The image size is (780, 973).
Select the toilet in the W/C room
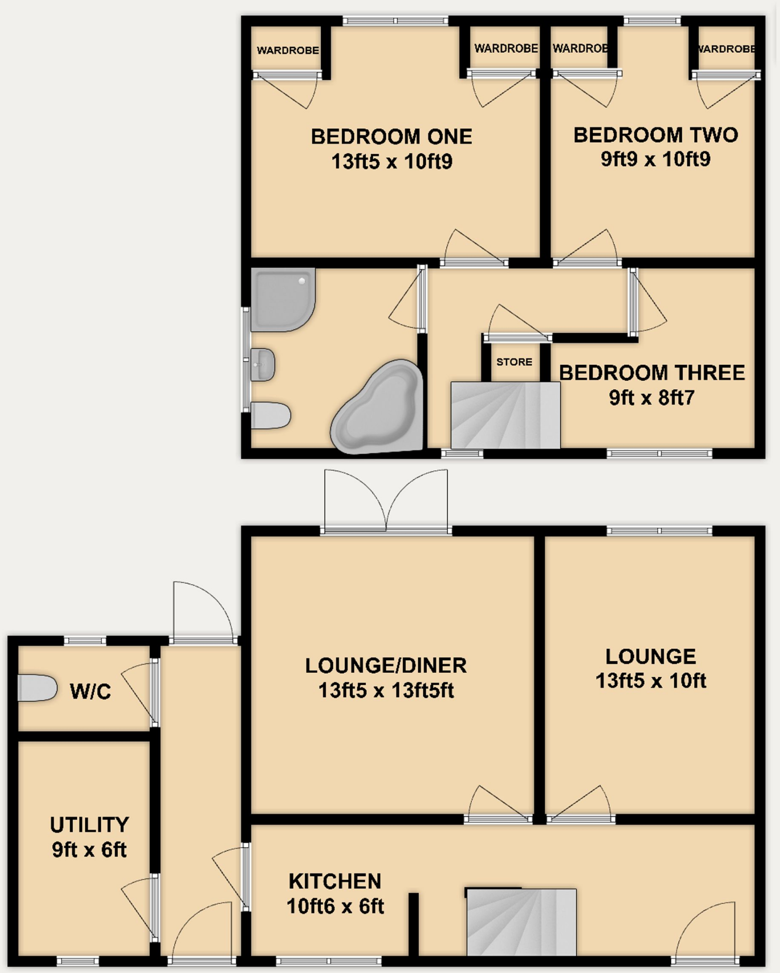37,687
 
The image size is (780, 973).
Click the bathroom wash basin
262,364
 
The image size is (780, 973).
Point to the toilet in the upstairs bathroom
270,415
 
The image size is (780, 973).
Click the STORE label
514,362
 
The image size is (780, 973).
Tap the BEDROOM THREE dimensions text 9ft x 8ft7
652,398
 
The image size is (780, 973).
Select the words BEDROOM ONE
391,137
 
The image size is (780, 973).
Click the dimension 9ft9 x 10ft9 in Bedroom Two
655,159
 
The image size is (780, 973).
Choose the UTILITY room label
89,825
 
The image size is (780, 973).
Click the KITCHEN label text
335,881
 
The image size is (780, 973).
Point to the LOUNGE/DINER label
386,666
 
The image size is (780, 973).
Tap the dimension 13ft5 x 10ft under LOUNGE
651,681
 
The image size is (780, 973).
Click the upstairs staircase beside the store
505,415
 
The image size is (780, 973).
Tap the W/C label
90,691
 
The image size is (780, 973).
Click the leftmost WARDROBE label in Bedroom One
288,50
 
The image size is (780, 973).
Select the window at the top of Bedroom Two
652,20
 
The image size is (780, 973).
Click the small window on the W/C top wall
85,640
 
